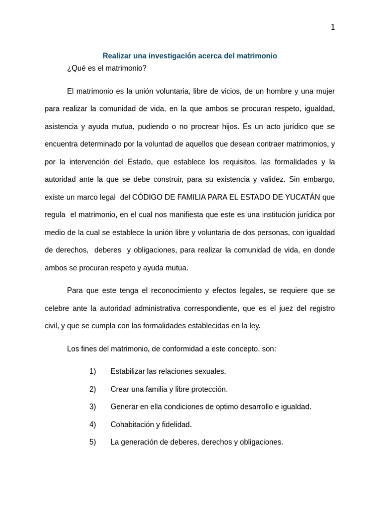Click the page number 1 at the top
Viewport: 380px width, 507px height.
tap(332, 27)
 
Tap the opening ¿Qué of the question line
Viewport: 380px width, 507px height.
tap(76, 68)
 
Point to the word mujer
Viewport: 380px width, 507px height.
tap(325, 91)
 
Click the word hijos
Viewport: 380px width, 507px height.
tap(230, 126)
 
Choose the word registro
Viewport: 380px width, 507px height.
tap(322, 308)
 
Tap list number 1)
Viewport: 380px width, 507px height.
tap(93, 371)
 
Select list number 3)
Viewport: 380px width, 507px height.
tap(93, 406)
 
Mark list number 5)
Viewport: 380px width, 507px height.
tap(93, 442)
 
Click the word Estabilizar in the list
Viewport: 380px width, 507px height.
tap(128, 371)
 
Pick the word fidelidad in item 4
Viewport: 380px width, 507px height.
tap(177, 424)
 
